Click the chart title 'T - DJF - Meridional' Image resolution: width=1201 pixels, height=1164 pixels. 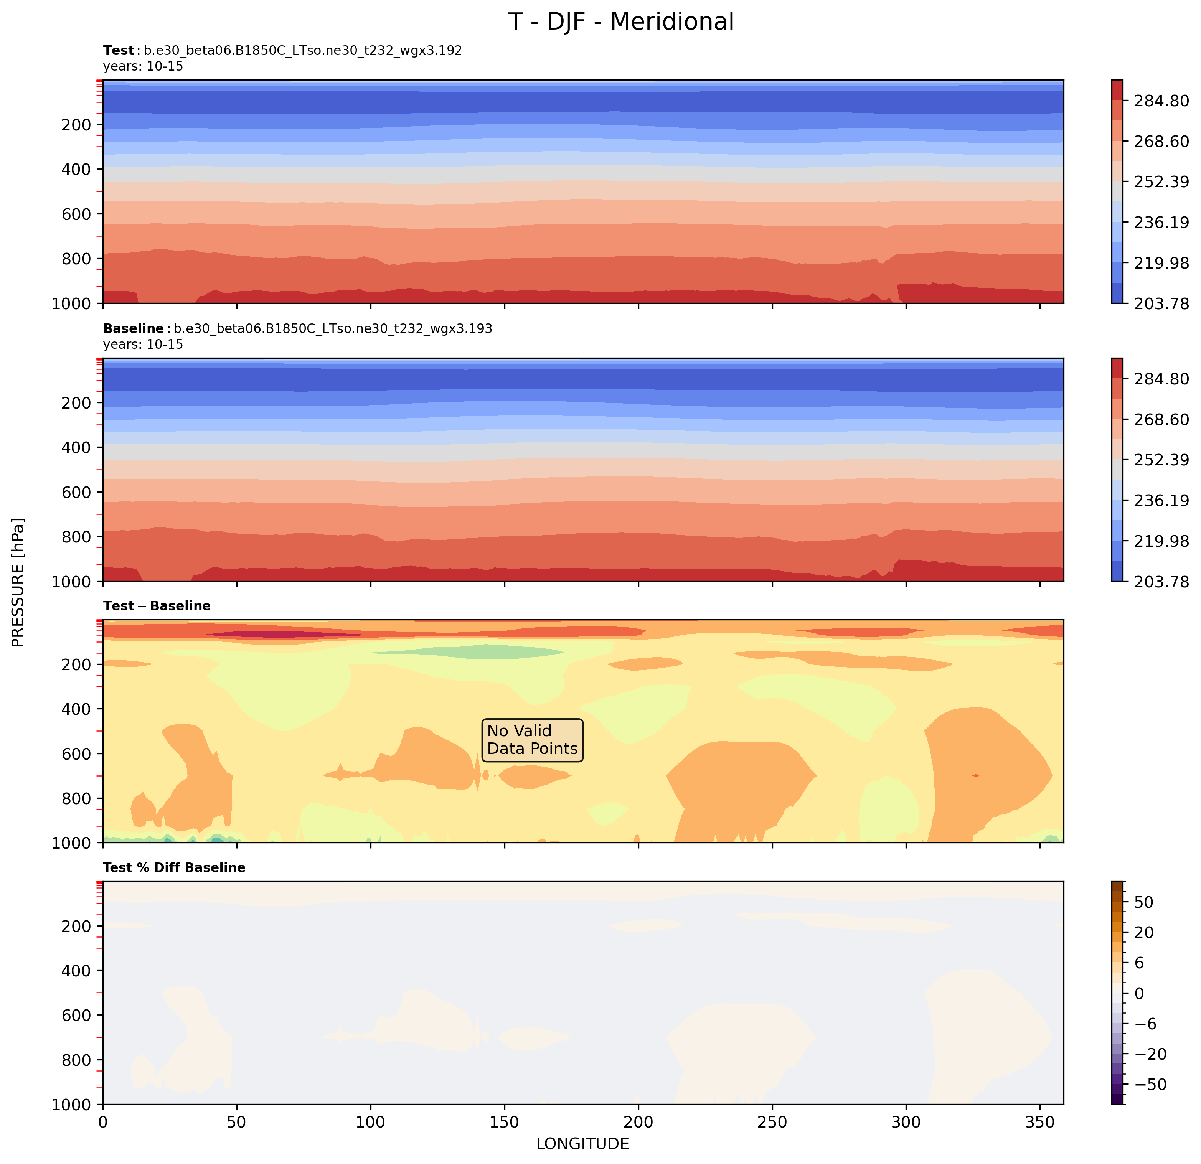(x=621, y=22)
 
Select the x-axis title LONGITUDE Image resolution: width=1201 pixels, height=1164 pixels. (x=582, y=1143)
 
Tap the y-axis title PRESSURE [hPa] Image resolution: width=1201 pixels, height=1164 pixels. (x=18, y=582)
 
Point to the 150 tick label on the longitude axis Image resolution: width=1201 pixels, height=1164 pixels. (x=504, y=1122)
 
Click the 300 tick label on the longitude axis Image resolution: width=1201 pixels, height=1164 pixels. (x=906, y=1122)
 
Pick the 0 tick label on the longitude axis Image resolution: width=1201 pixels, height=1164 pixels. (x=103, y=1122)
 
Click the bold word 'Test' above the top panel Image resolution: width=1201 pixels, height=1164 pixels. (x=118, y=50)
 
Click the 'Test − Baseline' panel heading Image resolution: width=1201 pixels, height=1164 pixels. (x=157, y=606)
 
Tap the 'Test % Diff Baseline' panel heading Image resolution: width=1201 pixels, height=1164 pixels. (x=174, y=867)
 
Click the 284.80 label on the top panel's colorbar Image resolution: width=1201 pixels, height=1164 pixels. (x=1161, y=101)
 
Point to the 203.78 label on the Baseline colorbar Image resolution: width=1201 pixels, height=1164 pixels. (x=1161, y=581)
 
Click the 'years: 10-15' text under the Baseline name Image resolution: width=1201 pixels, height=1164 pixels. (x=143, y=344)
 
